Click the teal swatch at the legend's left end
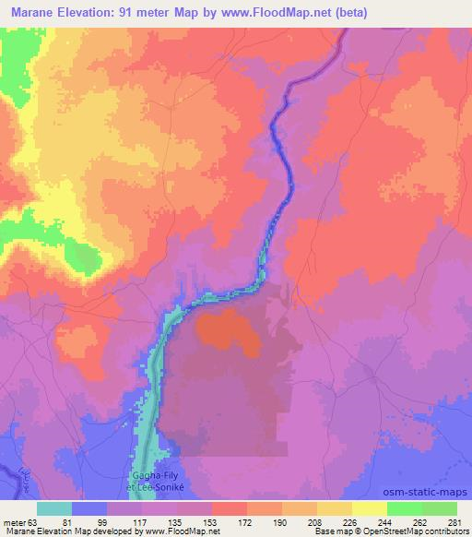pos(53,508)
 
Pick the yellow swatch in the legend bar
pos(369,508)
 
